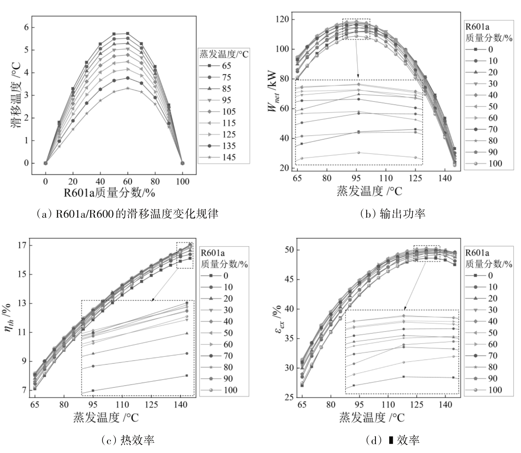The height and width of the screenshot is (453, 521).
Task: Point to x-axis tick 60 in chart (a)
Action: [x=128, y=182]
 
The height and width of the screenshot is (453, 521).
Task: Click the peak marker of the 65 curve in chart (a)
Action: [x=128, y=33]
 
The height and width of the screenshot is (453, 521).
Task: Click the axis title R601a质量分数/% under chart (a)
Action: [x=109, y=193]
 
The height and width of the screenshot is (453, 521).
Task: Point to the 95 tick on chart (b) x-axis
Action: [x=356, y=178]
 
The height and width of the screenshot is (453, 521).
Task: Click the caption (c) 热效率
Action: [x=128, y=440]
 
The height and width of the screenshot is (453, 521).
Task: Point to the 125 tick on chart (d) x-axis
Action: [x=416, y=405]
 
